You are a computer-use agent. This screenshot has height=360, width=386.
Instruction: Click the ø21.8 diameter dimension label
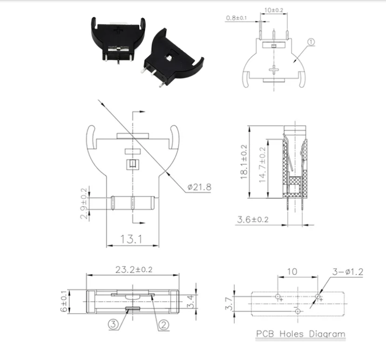click(199, 187)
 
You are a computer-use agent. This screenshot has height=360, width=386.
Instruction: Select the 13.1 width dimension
click(131, 239)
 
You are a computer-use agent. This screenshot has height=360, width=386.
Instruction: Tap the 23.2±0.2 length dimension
click(134, 269)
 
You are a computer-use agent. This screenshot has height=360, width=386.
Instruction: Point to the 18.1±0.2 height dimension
click(244, 161)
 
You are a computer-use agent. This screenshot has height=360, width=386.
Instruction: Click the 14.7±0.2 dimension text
click(263, 165)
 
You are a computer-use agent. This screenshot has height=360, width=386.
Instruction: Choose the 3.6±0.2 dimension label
click(253, 220)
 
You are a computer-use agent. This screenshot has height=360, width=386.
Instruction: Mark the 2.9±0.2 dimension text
click(84, 203)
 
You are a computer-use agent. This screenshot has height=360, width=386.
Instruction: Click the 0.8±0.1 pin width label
click(237, 18)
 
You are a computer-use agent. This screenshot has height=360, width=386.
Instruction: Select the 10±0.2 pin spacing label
click(274, 10)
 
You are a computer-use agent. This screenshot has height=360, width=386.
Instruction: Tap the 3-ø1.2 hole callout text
click(348, 272)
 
